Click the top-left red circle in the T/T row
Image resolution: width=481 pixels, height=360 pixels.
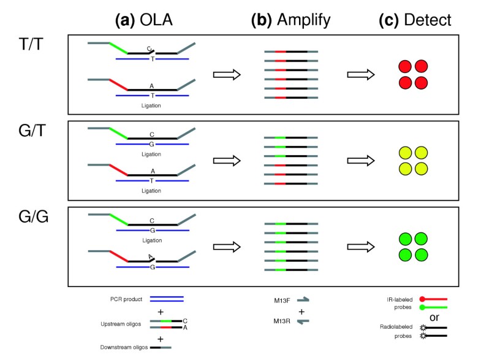coord(405,66)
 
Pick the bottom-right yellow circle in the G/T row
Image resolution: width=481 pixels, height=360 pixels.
coord(420,167)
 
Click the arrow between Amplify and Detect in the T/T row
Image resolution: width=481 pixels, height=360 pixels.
coord(360,74)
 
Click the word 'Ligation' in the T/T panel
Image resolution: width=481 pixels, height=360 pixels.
coord(151,105)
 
